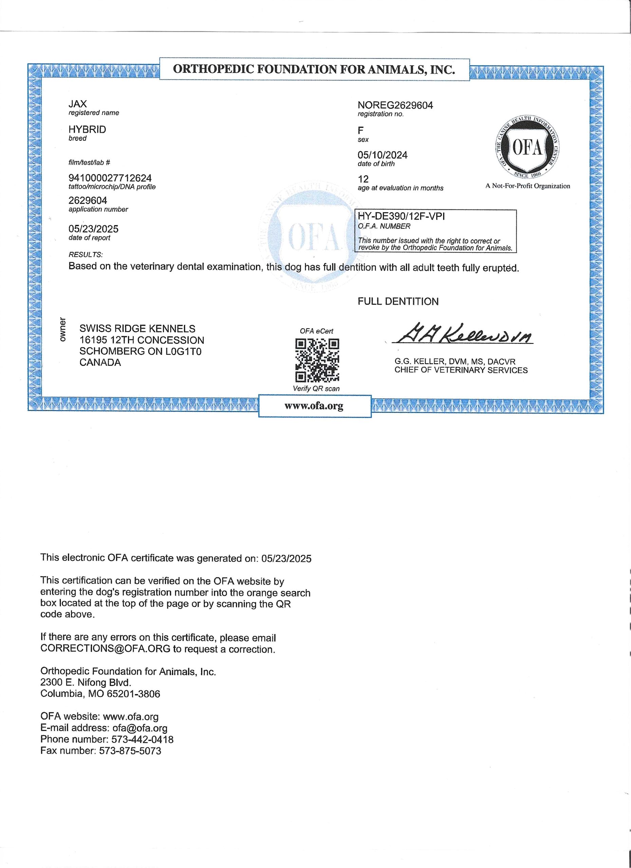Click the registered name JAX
(77, 104)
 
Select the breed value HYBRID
(87, 130)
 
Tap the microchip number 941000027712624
(110, 178)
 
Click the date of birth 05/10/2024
(382, 155)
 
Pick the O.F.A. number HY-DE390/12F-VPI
(401, 216)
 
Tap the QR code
(317, 360)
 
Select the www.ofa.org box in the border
(314, 406)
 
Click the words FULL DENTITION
(398, 301)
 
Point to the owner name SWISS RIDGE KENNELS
(137, 329)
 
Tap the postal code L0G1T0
(183, 351)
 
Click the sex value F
(360, 131)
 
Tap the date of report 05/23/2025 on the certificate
(93, 229)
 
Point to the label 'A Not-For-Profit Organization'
(527, 186)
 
